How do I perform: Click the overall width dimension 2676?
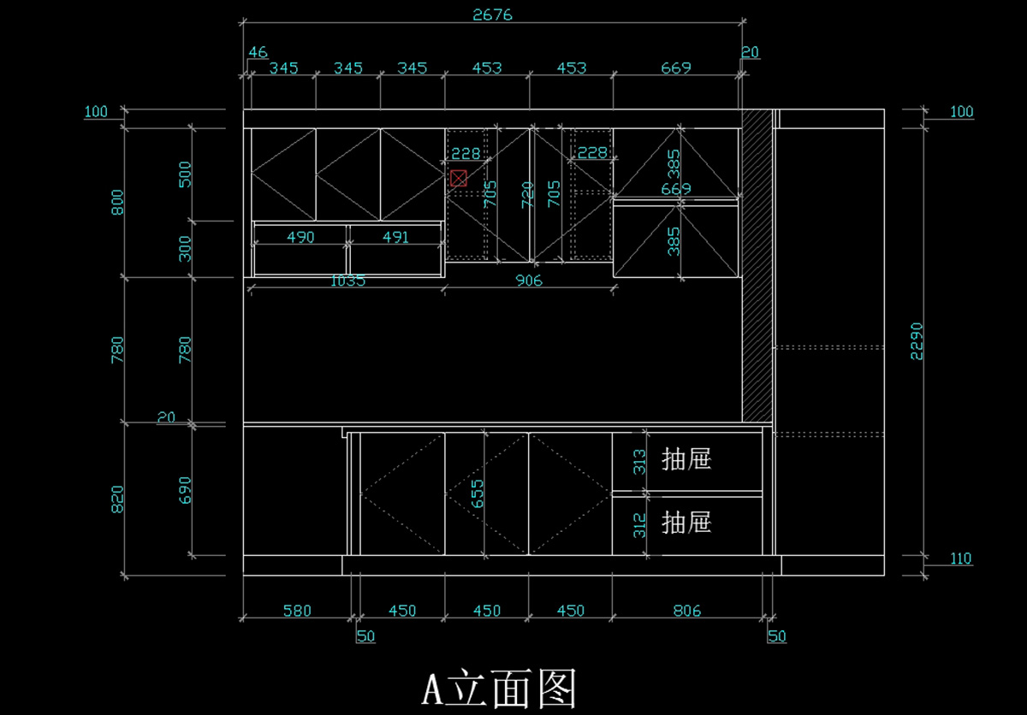coord(492,15)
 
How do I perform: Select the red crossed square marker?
coord(459,178)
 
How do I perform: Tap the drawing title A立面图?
coord(500,688)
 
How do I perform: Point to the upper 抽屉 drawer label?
coord(686,459)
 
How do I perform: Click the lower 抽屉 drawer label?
coord(686,522)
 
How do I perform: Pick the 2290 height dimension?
coord(917,342)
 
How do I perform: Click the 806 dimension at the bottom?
coord(686,611)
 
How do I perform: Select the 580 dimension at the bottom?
coord(297,611)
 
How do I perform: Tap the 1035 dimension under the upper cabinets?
coord(347,281)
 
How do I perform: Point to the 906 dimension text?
coord(528,281)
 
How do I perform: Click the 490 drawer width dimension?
coord(300,238)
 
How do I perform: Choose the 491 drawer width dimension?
coord(395,238)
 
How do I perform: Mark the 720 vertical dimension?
coord(528,194)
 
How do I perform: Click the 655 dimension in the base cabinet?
coord(478,493)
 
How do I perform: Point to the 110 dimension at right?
coord(961,558)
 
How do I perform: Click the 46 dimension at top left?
coord(258,53)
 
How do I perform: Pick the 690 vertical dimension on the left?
coord(186,489)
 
